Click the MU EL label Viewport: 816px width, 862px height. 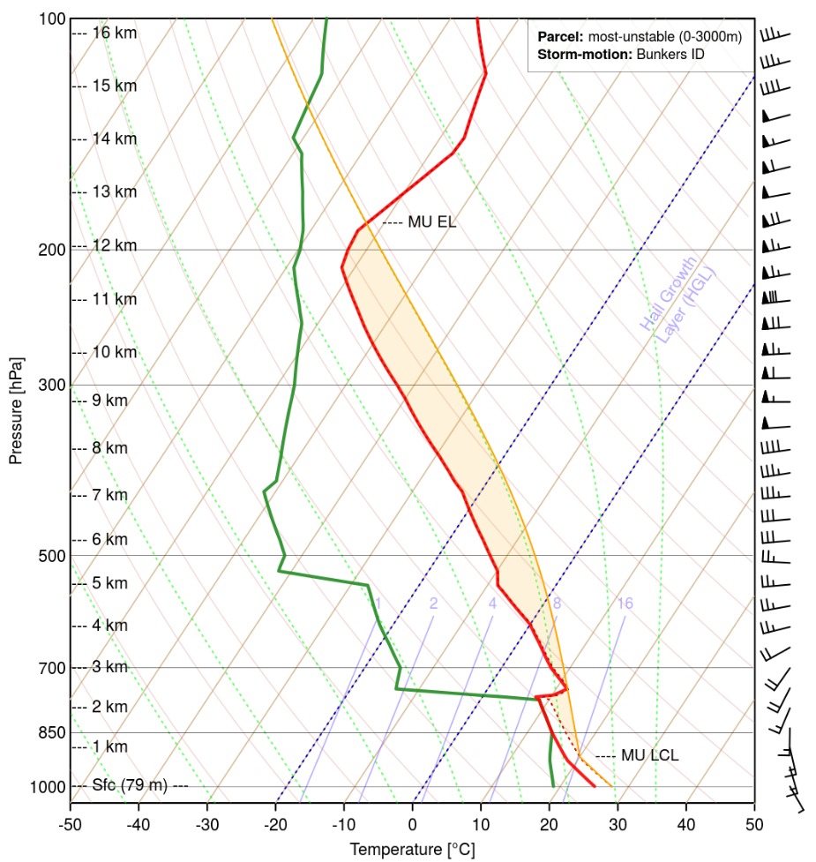431,222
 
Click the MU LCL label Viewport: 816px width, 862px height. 649,755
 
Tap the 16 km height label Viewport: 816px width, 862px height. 115,33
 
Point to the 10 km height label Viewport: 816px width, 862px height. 115,352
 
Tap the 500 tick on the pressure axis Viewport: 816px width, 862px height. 49,556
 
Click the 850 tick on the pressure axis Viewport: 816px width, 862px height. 49,732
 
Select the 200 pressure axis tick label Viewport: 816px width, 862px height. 49,250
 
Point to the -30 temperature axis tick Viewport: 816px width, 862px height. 207,822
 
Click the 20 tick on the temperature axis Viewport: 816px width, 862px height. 550,822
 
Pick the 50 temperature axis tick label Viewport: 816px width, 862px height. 754,822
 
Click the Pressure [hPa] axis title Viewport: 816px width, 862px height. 16,410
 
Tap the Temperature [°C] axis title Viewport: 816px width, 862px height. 412,850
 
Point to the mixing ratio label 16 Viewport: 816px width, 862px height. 625,603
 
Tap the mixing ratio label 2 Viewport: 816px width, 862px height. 434,603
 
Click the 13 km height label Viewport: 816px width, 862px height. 115,191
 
